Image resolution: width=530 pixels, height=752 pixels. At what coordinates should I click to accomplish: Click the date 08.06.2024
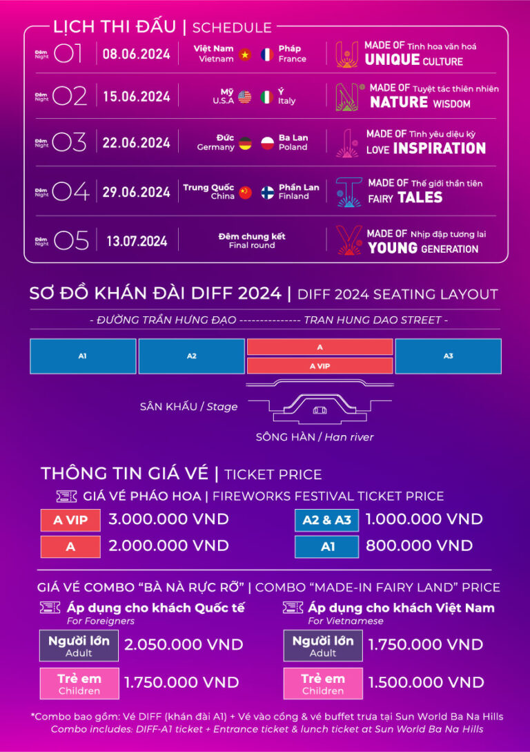click(x=136, y=54)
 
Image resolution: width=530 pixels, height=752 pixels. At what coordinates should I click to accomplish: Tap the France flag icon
click(x=267, y=54)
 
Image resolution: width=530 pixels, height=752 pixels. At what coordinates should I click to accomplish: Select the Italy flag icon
click(x=267, y=97)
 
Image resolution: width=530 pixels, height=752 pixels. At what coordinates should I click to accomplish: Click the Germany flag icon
click(x=245, y=143)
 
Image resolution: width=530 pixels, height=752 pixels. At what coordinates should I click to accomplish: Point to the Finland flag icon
click(x=267, y=192)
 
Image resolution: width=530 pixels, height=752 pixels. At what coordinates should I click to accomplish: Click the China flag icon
click(x=245, y=192)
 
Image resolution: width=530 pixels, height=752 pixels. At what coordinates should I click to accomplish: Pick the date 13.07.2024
click(x=137, y=241)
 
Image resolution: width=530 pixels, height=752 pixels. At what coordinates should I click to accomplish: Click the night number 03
click(x=70, y=143)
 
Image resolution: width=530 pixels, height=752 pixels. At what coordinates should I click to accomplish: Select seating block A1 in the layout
click(x=83, y=356)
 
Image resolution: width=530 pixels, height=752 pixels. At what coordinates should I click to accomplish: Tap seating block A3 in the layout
click(x=448, y=356)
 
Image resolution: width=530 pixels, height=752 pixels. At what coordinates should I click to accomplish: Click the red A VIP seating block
click(x=320, y=366)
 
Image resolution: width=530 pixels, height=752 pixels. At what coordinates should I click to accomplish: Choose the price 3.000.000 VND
click(x=168, y=519)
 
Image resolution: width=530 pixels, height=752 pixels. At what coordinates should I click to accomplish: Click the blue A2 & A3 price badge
click(x=326, y=520)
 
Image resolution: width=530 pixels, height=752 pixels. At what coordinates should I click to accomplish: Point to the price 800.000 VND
click(x=419, y=546)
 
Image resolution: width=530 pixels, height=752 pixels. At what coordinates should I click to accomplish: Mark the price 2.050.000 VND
click(x=184, y=645)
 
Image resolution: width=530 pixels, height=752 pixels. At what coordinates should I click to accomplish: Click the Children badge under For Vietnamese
click(x=322, y=683)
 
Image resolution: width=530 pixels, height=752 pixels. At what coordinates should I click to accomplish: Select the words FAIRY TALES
click(x=405, y=197)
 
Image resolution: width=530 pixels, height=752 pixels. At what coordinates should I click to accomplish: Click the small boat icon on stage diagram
click(x=320, y=410)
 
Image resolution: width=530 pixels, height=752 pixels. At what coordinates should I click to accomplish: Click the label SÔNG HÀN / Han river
click(x=315, y=437)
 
